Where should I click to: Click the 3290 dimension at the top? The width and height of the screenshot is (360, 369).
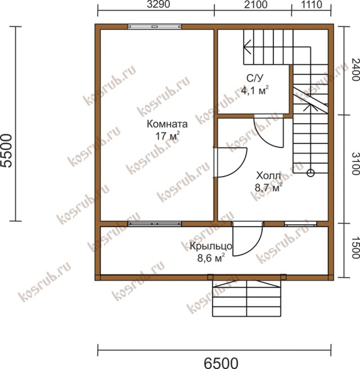tap(158, 4)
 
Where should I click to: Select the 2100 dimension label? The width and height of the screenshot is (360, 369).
tap(256, 4)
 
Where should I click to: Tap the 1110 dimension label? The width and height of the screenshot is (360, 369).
tap(311, 4)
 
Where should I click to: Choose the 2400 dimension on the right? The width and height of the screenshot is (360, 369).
tap(355, 69)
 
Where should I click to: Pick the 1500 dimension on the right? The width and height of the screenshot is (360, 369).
tap(355, 247)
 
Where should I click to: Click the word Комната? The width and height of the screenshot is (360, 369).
tap(167, 124)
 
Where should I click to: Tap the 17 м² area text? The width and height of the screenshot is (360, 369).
tap(167, 136)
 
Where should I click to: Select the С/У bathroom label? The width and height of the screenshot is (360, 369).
tap(255, 78)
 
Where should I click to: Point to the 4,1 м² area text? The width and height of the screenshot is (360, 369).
tap(255, 90)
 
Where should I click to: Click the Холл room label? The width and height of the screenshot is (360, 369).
tap(269, 176)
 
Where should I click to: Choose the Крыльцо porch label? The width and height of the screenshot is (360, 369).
tap(211, 246)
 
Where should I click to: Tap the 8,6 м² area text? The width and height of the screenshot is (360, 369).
tap(211, 258)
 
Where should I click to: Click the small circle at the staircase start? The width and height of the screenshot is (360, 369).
tap(311, 173)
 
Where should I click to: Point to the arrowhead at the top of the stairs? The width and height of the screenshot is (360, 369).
tap(247, 47)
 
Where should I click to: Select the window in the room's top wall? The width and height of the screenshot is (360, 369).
tap(154, 27)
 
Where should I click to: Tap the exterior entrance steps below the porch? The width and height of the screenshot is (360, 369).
tap(247, 298)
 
